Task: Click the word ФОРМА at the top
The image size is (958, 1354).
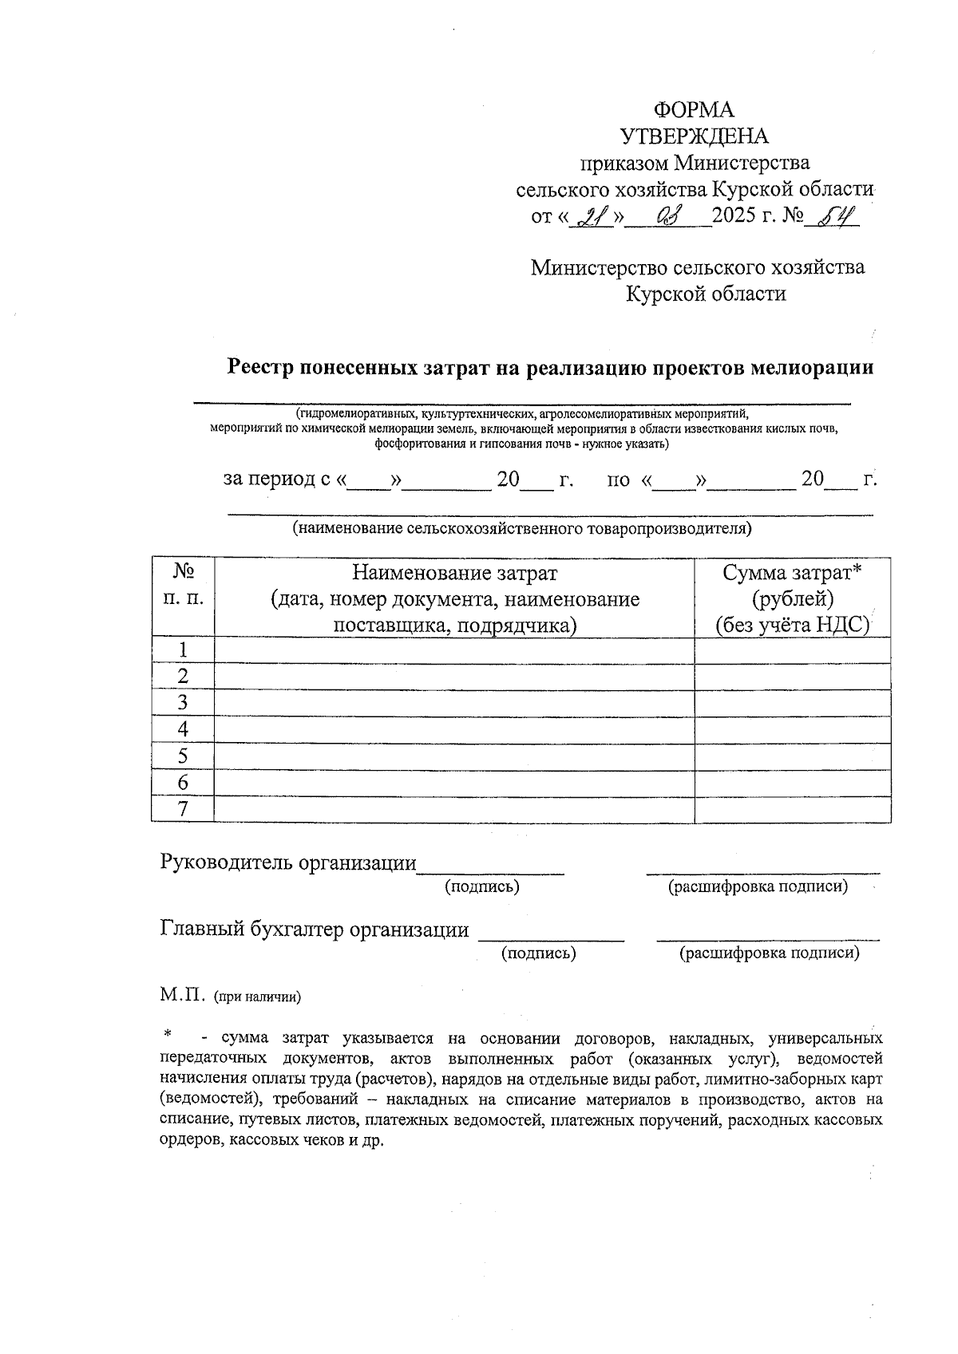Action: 694,109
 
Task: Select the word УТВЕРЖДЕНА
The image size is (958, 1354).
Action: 694,136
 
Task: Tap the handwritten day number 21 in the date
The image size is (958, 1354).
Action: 592,216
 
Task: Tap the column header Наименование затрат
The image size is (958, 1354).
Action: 455,573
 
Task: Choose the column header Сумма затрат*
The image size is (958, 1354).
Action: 793,573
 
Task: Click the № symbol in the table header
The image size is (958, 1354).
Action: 184,572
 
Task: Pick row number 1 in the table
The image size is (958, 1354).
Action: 183,649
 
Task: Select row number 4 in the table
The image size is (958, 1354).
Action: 183,729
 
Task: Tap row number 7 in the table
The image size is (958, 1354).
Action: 183,809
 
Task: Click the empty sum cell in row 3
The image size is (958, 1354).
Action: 793,703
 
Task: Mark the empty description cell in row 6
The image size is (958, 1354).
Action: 454,783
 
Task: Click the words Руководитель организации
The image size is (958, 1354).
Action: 288,863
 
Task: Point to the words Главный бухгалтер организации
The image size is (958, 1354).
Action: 315,930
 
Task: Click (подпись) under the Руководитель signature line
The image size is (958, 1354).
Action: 481,886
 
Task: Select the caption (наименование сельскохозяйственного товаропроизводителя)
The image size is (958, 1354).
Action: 522,528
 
